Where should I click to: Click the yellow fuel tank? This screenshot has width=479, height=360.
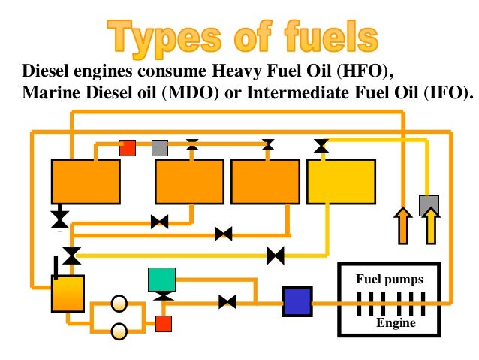point(341,182)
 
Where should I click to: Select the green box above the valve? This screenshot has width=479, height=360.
point(162,280)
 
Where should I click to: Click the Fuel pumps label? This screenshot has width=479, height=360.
point(390,280)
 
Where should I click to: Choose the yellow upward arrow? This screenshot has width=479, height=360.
point(431,226)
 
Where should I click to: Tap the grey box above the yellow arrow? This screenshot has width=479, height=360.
point(429,204)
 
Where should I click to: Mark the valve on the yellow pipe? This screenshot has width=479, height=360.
point(276,256)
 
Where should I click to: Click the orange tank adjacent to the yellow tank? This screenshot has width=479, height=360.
point(265,182)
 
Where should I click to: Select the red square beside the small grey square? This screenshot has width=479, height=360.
point(128,147)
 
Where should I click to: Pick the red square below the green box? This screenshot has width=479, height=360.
point(163,324)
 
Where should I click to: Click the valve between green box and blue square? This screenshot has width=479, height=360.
point(227,302)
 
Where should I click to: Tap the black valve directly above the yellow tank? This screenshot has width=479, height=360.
point(321,146)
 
